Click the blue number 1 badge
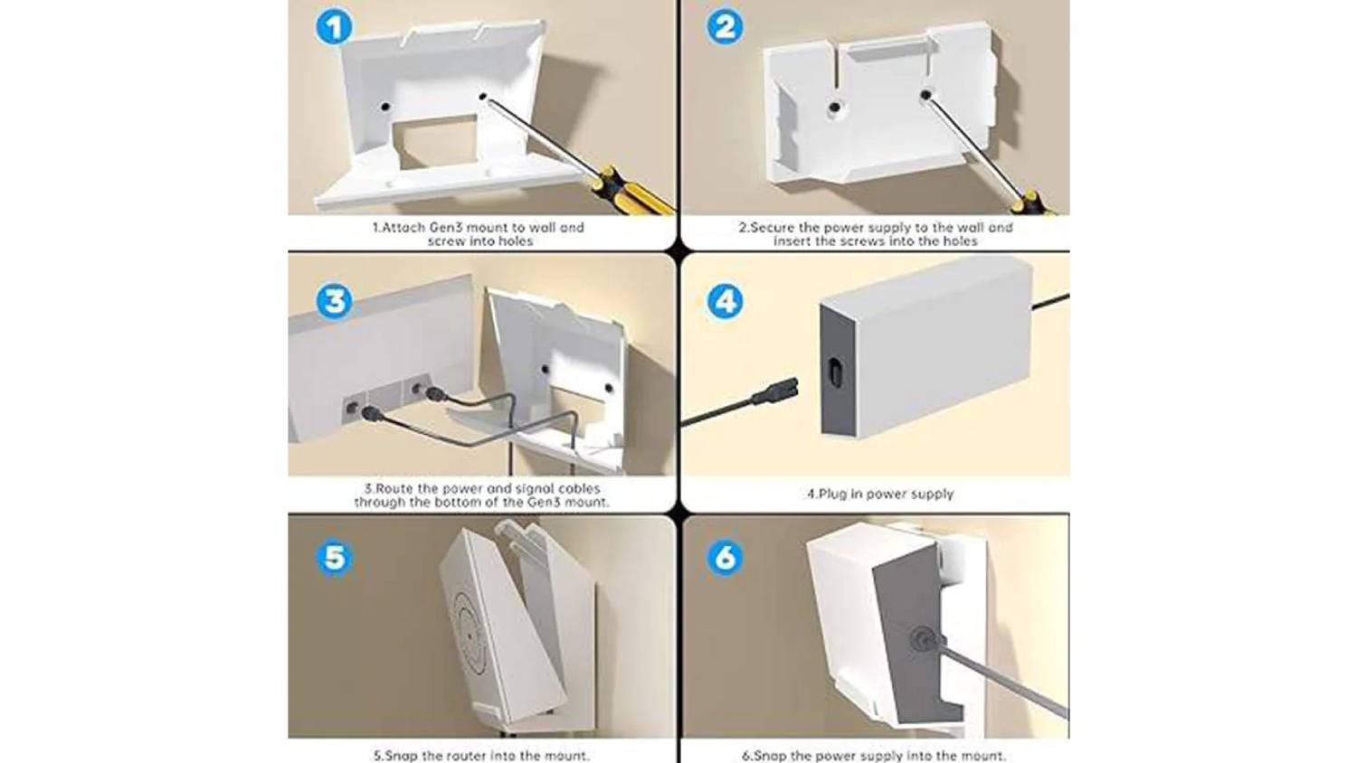[x=334, y=27]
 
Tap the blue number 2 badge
[x=725, y=27]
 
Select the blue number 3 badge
[x=334, y=301]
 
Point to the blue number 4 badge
[x=726, y=301]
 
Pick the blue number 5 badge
[x=334, y=558]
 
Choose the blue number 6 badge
[x=726, y=558]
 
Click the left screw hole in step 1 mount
[x=385, y=108]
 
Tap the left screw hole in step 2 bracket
[x=835, y=108]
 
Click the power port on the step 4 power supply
[x=836, y=371]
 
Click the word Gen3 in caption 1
[x=447, y=228]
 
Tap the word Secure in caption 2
[x=773, y=228]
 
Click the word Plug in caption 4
[x=832, y=494]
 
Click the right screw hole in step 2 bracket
[x=925, y=95]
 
